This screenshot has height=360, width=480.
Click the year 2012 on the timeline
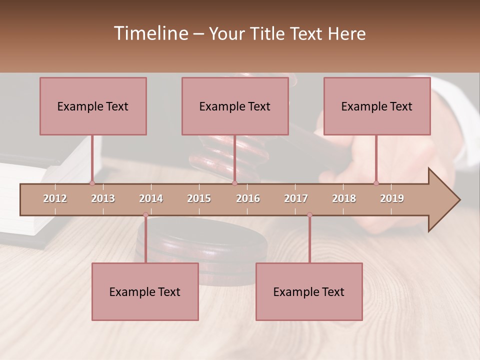55,198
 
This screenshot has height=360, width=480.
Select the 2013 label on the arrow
103,198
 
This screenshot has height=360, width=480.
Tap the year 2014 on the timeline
151,198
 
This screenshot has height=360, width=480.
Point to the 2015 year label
199,198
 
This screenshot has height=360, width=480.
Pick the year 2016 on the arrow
248,198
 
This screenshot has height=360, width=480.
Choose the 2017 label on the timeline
296,198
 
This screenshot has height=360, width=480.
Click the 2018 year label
344,198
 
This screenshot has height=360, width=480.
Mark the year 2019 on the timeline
392,198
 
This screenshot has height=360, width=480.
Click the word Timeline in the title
150,33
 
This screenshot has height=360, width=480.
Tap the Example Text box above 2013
93,106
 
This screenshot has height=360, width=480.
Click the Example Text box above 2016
235,106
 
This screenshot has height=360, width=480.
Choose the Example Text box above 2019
377,106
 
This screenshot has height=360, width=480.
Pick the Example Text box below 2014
145,291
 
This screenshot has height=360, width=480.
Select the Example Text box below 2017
309,291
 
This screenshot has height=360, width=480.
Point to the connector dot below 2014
145,215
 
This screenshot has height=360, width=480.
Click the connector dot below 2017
309,215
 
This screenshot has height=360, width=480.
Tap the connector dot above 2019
376,183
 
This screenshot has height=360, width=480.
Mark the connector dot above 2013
92,183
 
